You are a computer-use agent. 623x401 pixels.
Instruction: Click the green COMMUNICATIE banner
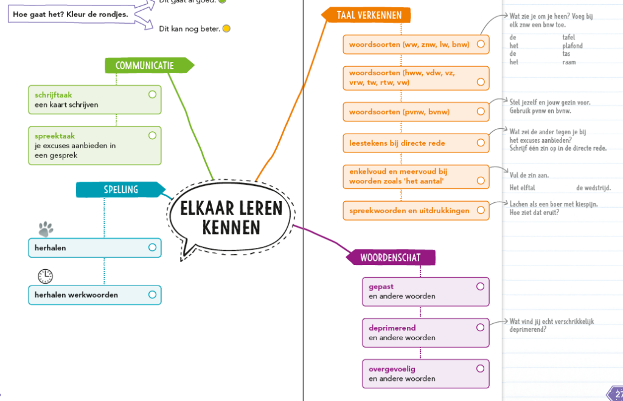point(145,66)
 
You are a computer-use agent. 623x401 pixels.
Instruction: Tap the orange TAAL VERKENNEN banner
point(364,15)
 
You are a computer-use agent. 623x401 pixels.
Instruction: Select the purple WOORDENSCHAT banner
point(390,258)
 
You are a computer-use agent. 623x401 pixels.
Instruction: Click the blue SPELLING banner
point(120,190)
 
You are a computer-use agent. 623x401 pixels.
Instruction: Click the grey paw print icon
point(46,228)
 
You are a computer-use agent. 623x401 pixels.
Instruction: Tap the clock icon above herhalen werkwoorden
point(45,276)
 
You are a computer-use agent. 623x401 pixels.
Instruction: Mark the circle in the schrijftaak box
point(152,95)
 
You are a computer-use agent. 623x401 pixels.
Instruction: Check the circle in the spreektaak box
point(152,135)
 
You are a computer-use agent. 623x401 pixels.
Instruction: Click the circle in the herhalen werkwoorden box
point(152,295)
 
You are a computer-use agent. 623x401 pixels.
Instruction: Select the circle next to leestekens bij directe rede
point(481,143)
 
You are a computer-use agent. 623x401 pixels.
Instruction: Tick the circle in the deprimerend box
point(480,327)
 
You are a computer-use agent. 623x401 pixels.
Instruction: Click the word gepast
point(381,287)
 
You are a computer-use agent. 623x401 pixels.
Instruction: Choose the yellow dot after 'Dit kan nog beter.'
point(226,29)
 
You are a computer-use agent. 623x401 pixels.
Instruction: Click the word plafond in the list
point(573,46)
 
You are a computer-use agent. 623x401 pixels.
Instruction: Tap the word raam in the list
point(569,62)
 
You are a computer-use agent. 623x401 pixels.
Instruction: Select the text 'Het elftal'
point(523,188)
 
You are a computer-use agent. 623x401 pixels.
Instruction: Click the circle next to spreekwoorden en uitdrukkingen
point(481,210)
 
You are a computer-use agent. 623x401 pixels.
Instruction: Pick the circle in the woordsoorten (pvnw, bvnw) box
point(481,112)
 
